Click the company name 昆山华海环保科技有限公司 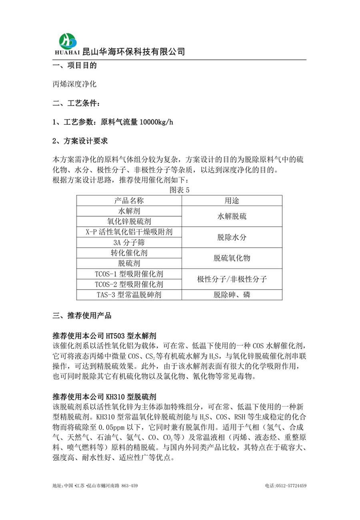[133, 51]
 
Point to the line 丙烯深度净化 [74, 84]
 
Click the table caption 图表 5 [180, 190]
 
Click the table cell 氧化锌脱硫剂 [129, 221]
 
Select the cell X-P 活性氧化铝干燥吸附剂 [129, 232]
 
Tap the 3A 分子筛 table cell [129, 242]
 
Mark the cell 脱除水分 [232, 237]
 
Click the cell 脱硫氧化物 [232, 258]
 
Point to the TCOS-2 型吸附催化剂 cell [129, 284]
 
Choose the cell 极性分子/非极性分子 [232, 279]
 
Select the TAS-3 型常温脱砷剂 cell [129, 295]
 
